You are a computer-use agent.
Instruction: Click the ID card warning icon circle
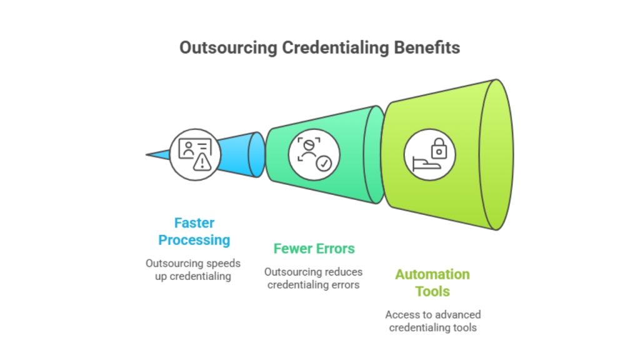(x=196, y=154)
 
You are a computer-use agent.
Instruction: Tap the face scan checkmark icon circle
(x=314, y=154)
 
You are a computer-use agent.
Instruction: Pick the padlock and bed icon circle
(x=429, y=154)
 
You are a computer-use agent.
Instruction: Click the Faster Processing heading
(x=194, y=231)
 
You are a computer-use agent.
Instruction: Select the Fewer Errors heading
(x=314, y=249)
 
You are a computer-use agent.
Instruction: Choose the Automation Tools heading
(x=432, y=282)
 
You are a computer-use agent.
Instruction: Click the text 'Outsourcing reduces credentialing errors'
(x=313, y=278)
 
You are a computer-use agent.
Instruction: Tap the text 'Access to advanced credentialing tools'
(x=432, y=321)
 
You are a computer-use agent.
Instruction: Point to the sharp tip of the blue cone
(x=147, y=154)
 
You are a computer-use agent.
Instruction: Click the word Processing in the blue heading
(x=194, y=240)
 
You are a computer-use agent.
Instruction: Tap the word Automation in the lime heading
(x=432, y=274)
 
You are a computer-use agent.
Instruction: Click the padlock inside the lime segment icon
(x=440, y=148)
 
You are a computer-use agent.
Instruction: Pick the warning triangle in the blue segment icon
(x=202, y=163)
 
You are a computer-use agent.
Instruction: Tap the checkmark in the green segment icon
(x=323, y=164)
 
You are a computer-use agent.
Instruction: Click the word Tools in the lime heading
(x=432, y=291)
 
